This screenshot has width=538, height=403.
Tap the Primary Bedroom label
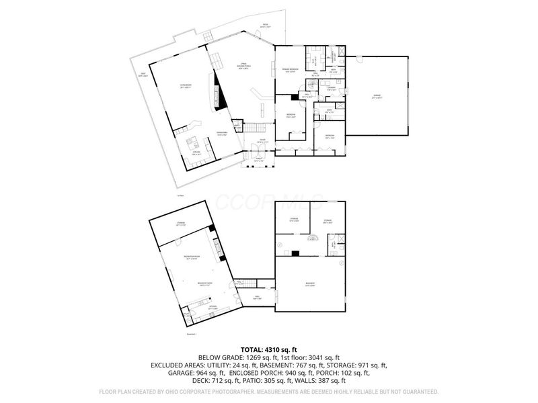click(x=289, y=71)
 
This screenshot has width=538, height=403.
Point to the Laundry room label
click(x=332, y=88)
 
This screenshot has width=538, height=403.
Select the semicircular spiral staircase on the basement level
click(x=312, y=239)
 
